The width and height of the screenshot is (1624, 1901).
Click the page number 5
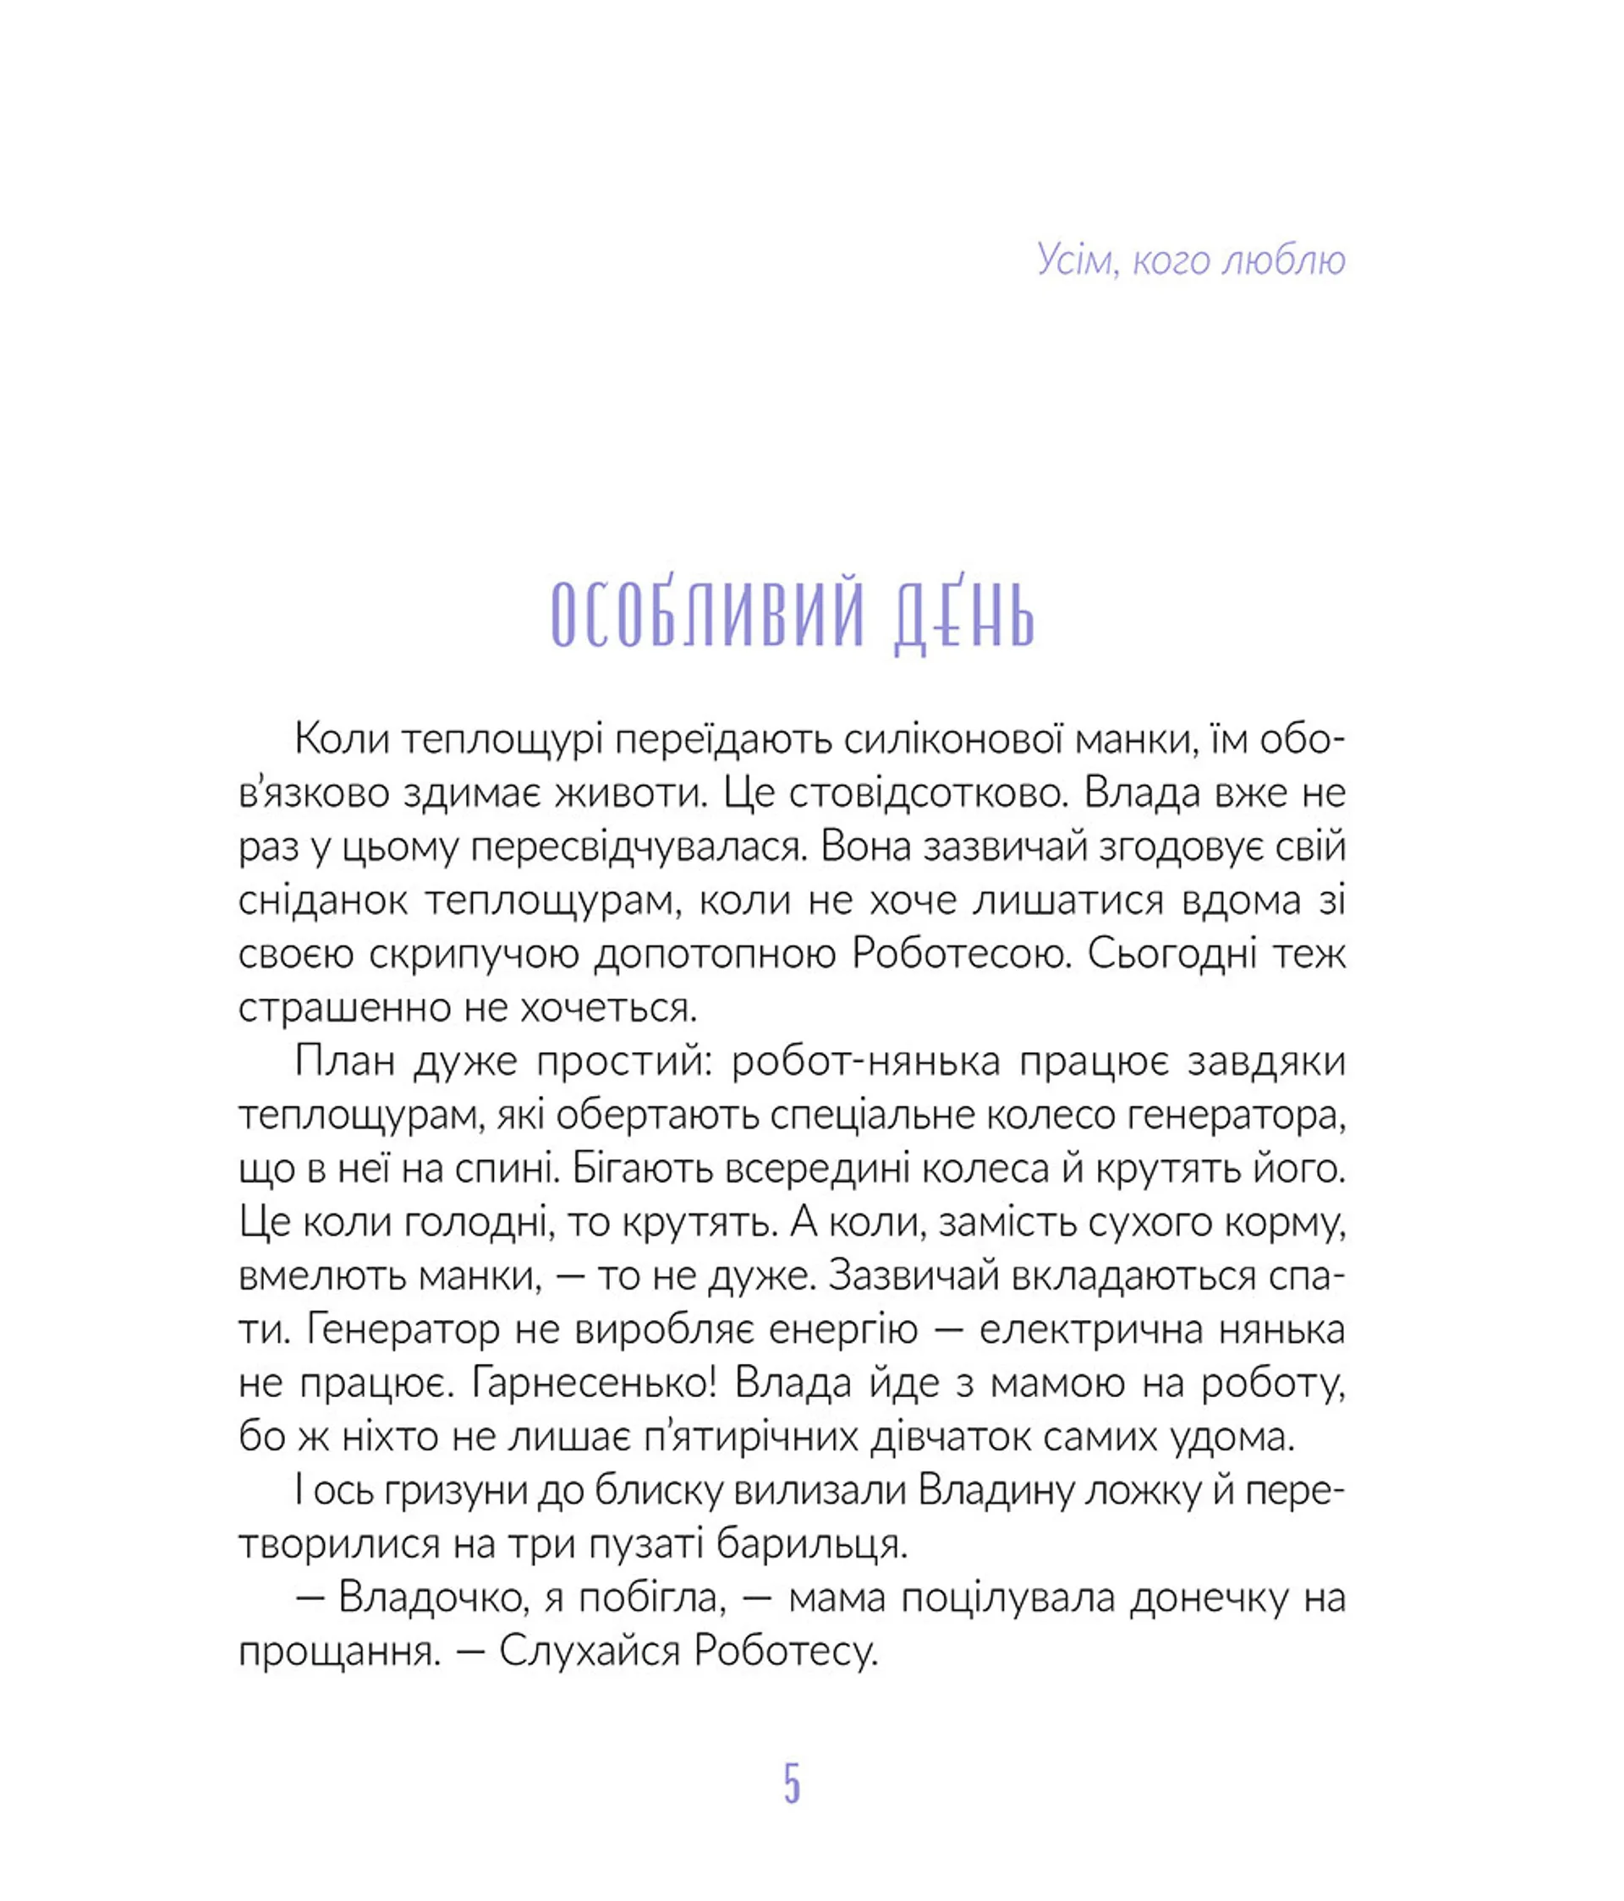click(792, 1783)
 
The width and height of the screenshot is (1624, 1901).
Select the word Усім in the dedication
click(1074, 260)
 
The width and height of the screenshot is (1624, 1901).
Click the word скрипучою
click(474, 954)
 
